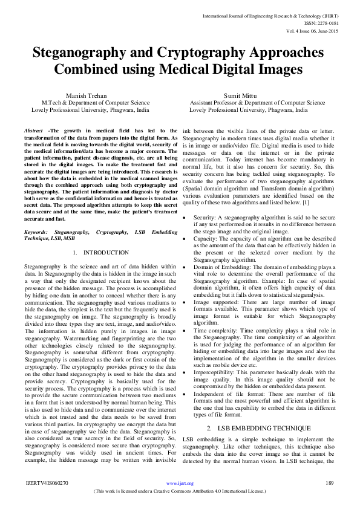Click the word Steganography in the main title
point(83,53)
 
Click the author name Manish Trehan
point(90,96)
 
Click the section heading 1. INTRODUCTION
point(100,252)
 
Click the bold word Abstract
point(34,131)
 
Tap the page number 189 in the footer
point(330,483)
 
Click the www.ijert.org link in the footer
point(180,484)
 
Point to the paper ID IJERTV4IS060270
point(47,483)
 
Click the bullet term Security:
point(206,216)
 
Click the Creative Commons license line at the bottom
point(180,490)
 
